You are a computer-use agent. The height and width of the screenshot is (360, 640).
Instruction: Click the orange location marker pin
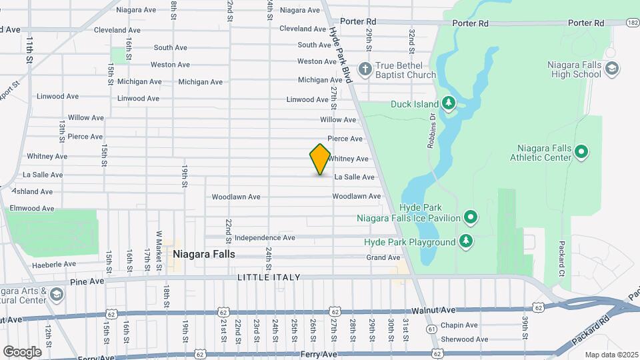point(320,159)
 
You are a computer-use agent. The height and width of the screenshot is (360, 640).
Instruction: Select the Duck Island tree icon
point(449,103)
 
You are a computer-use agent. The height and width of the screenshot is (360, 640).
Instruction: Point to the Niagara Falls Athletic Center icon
point(581,151)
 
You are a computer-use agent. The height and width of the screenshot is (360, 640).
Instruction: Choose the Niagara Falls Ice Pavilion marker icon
point(471,217)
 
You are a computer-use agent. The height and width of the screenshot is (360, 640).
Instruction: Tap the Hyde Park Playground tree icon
point(467,241)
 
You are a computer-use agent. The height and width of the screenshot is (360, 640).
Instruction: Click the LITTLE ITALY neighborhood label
point(269,277)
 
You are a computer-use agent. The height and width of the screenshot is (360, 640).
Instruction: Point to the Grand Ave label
point(383,257)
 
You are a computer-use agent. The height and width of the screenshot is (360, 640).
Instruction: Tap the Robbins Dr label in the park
point(432,130)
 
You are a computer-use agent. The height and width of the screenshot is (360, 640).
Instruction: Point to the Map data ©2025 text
point(611,355)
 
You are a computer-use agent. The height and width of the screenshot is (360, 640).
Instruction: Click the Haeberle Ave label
point(54,264)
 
